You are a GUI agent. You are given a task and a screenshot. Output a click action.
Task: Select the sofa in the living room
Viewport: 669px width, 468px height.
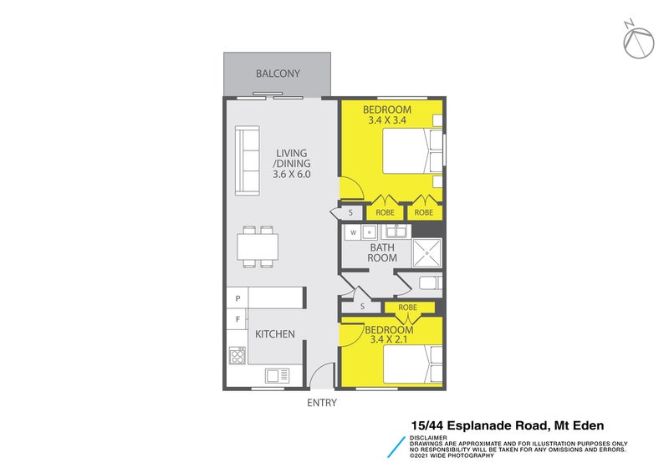(x=247, y=160)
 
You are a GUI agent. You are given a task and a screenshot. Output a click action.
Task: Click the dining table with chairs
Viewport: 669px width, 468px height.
(x=258, y=247)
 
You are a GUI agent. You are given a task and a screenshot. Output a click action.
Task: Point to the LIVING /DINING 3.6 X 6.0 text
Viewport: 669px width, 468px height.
(x=292, y=164)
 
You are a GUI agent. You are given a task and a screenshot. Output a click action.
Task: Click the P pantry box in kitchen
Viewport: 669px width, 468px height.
(x=237, y=298)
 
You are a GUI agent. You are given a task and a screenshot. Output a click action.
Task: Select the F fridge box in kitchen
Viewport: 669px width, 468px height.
(x=237, y=319)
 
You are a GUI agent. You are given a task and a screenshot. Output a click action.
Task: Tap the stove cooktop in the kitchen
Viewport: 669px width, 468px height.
(x=237, y=357)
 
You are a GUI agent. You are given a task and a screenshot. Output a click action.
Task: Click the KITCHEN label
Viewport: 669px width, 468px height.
(x=275, y=334)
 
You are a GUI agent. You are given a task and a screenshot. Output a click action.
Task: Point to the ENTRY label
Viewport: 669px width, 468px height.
(x=322, y=403)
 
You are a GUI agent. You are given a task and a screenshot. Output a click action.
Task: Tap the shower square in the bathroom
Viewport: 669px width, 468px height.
(x=426, y=251)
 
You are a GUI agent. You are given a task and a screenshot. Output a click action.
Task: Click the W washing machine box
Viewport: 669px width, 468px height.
(x=354, y=232)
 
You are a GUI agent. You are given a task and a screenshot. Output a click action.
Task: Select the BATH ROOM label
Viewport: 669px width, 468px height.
(x=383, y=252)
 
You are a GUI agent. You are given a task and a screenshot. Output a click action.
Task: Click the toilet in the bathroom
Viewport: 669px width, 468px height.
(x=428, y=283)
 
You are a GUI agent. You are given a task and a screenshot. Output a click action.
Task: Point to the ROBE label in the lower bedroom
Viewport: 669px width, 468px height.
(x=407, y=308)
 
